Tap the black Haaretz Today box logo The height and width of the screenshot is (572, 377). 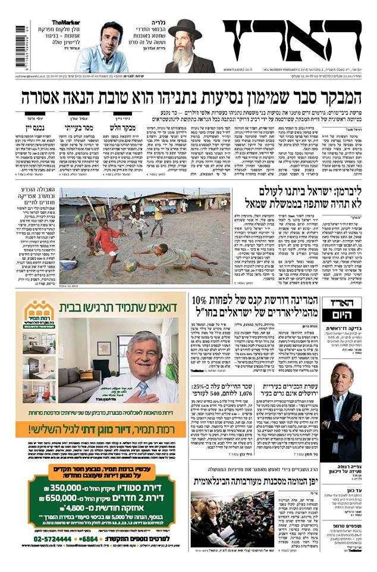pos(341,310)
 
